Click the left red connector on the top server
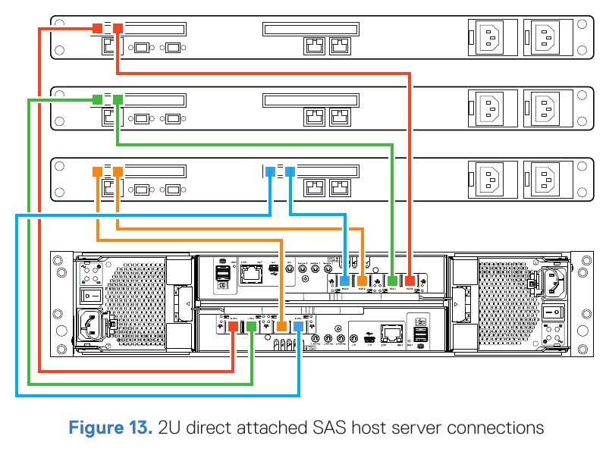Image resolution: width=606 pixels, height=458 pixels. [x=97, y=29]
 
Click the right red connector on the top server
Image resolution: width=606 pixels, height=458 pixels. [x=118, y=29]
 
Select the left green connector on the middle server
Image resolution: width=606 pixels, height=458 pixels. [x=97, y=99]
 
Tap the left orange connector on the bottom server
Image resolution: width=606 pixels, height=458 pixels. [x=97, y=171]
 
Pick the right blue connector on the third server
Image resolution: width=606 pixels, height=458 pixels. [x=290, y=171]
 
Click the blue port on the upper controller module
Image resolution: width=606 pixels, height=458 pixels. [x=345, y=281]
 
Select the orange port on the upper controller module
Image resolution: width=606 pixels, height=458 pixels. [x=363, y=281]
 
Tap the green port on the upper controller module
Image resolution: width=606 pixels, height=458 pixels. [x=392, y=281]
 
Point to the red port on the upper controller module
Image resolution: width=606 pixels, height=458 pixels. [x=410, y=281]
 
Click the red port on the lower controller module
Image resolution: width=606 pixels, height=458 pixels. [x=234, y=326]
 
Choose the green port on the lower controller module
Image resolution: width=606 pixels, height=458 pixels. [x=251, y=326]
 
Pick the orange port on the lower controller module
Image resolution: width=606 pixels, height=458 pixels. [x=281, y=326]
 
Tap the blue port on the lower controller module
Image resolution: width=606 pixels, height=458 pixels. [x=299, y=326]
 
